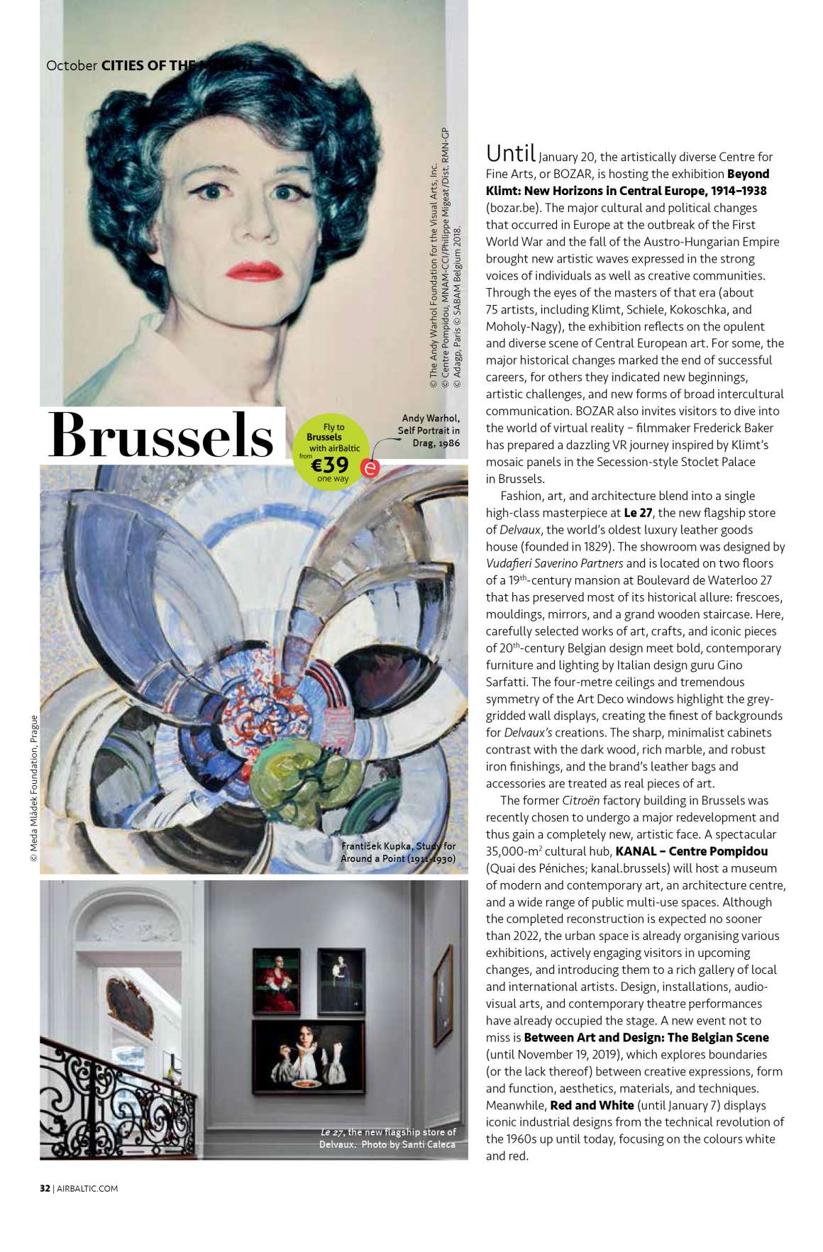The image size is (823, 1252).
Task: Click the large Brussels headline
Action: tap(161, 436)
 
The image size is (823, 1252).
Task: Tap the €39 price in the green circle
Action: tap(331, 465)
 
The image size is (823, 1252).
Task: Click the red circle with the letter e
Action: tap(370, 468)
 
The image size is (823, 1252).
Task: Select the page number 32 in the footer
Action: tap(45, 1188)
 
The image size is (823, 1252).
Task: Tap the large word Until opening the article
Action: tap(510, 153)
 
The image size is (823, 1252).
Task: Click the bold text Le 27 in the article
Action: tap(639, 512)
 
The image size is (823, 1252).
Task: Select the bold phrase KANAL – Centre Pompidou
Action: tap(691, 851)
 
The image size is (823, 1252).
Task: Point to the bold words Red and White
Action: tap(592, 1104)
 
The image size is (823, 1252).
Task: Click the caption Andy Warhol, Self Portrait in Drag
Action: tap(429, 431)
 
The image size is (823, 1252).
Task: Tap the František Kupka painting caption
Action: tap(398, 852)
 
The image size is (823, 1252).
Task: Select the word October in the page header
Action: tap(72, 65)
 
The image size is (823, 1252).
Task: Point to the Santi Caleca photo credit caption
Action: tap(387, 1139)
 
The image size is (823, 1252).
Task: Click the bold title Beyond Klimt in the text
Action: tap(626, 182)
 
